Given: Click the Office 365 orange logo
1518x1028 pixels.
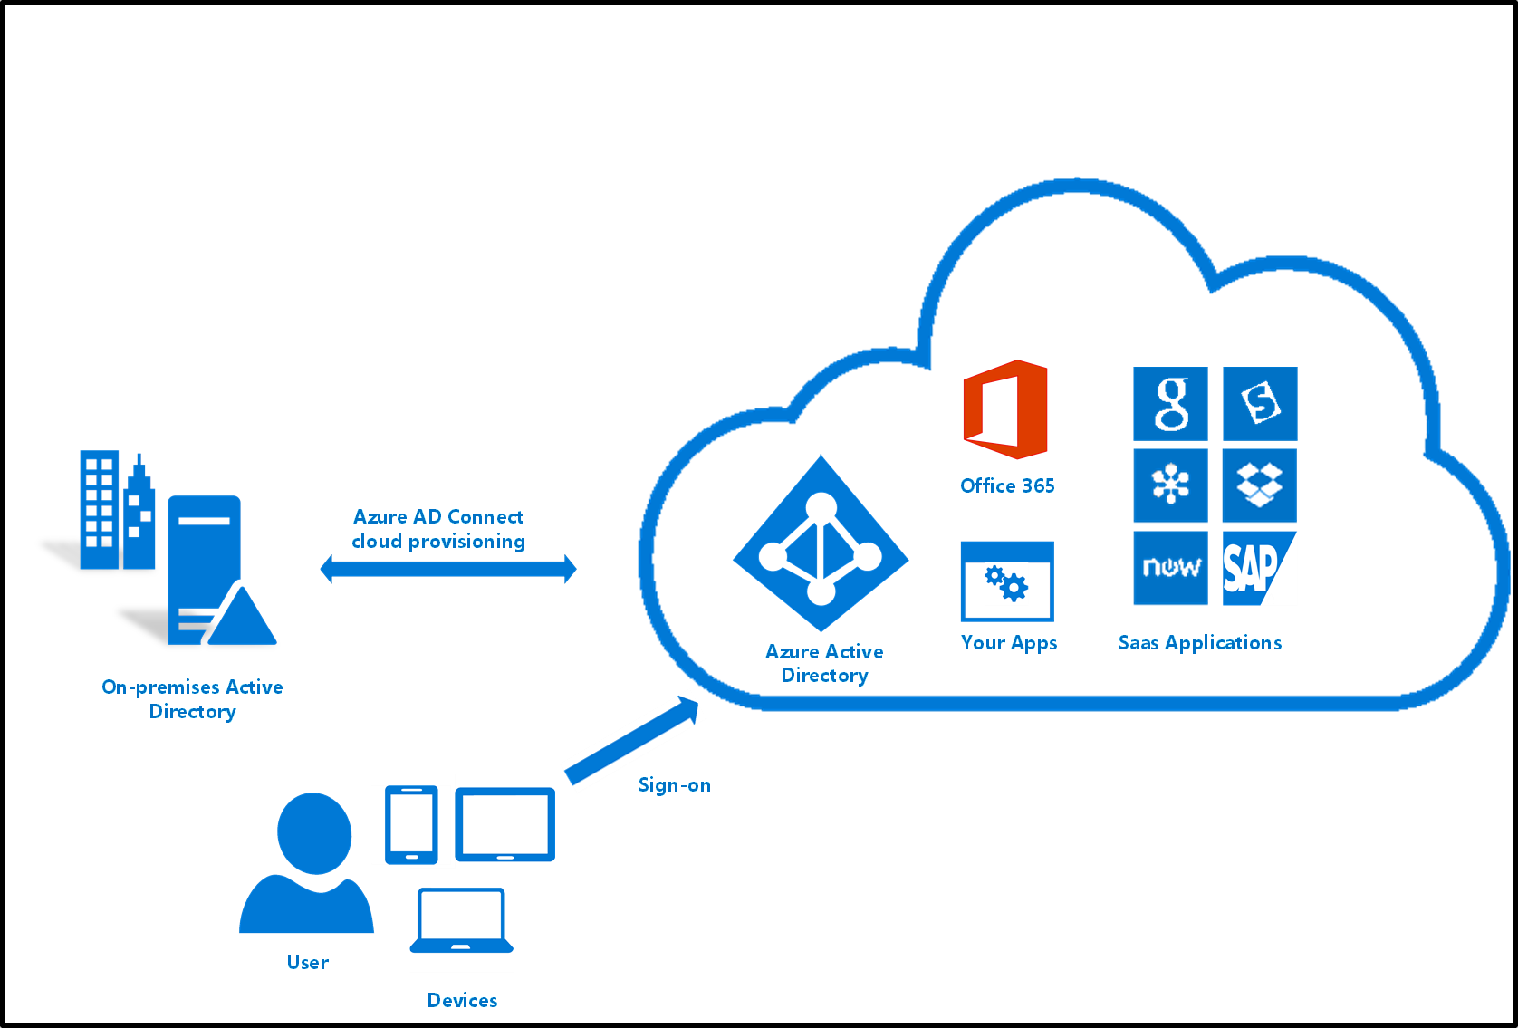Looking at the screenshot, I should pyautogui.click(x=1005, y=409).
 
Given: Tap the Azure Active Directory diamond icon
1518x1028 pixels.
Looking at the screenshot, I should pyautogui.click(x=821, y=543).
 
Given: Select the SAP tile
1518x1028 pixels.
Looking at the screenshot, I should pyautogui.click(x=1259, y=569).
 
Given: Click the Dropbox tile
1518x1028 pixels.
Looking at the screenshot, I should pyautogui.click(x=1259, y=485).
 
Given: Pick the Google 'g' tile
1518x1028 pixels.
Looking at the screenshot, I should pyautogui.click(x=1170, y=404).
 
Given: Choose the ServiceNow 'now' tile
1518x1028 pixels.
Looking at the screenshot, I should pyautogui.click(x=1170, y=569).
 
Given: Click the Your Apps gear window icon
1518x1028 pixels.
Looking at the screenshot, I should pyautogui.click(x=1007, y=582).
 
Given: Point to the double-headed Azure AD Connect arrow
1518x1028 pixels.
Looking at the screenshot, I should pyautogui.click(x=448, y=570).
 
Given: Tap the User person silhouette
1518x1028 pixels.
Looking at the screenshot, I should pyautogui.click(x=308, y=865).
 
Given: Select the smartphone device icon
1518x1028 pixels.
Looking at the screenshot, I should pyautogui.click(x=411, y=824).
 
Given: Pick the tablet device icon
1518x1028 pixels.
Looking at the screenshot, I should pyautogui.click(x=504, y=824).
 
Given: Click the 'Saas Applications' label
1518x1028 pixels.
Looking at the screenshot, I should pyautogui.click(x=1200, y=643).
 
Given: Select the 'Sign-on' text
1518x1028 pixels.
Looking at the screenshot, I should pyautogui.click(x=674, y=785).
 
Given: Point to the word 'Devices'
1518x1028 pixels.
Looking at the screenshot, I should pyautogui.click(x=462, y=1001).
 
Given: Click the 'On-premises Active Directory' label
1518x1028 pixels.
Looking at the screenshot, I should pyautogui.click(x=192, y=699).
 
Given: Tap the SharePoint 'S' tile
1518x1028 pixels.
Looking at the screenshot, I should pyautogui.click(x=1259, y=404).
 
